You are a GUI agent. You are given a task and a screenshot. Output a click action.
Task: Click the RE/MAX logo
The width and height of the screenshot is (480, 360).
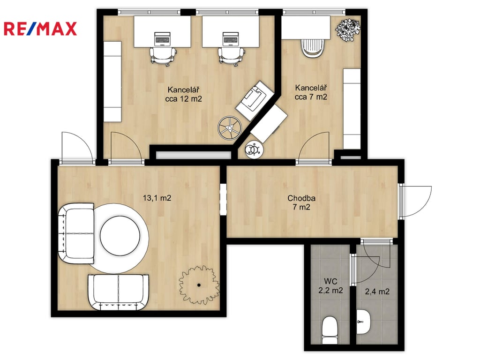[40, 29]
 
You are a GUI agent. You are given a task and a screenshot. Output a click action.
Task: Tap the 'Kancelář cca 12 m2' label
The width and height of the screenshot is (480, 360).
[183, 94]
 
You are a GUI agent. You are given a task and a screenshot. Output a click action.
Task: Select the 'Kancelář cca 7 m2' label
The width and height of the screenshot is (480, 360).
[311, 92]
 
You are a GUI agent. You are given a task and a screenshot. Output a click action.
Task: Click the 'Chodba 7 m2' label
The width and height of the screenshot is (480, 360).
[301, 202]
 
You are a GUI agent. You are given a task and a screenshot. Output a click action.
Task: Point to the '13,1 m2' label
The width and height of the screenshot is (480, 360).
[157, 198]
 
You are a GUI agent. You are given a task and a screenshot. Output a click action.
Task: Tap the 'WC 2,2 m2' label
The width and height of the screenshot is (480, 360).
[330, 285]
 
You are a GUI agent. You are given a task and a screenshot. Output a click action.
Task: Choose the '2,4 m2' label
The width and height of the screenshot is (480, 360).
[377, 292]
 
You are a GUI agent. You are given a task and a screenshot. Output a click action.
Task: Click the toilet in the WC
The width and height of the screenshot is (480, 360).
[330, 330]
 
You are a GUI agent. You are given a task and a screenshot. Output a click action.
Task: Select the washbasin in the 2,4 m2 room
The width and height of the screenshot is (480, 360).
[364, 322]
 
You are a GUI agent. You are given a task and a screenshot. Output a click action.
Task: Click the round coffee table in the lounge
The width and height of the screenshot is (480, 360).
[120, 236]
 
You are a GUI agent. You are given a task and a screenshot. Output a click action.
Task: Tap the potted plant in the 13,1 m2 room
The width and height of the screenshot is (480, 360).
[199, 285]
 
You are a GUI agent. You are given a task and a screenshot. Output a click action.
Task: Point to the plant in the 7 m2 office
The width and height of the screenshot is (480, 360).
[348, 30]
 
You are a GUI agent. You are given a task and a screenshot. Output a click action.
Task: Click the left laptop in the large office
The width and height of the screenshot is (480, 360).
[162, 39]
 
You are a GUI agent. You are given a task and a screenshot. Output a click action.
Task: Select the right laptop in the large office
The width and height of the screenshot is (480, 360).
[231, 39]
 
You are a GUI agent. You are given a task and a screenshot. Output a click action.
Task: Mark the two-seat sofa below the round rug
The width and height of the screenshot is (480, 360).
[118, 292]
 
